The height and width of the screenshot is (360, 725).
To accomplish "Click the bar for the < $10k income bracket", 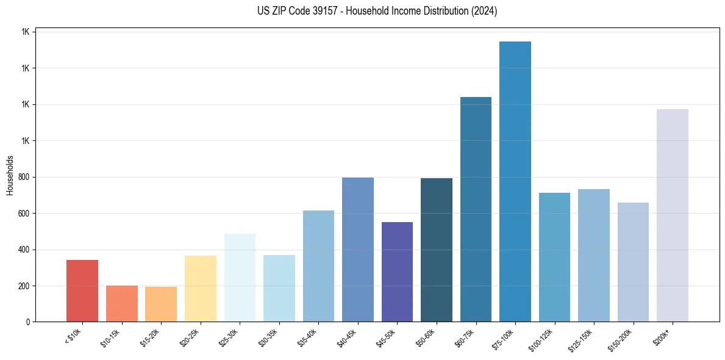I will coord(82,291).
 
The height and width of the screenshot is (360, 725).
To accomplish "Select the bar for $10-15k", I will coord(121,304).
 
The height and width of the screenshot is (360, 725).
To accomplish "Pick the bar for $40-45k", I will coord(358,250).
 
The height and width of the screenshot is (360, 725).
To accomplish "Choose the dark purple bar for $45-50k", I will coord(397,272).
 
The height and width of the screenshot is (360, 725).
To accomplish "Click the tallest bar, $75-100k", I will coord(515,182).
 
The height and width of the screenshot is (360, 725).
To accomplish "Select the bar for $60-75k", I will coord(476,209).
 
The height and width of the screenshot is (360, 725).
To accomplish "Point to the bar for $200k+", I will coord(673,215).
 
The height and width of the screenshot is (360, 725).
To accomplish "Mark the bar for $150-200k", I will coord(633,262).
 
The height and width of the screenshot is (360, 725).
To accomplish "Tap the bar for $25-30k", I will coord(240,278).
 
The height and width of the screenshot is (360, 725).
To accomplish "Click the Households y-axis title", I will coord(10,175).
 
